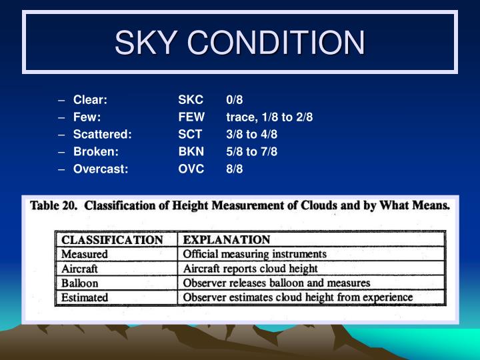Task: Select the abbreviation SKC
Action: coord(190,100)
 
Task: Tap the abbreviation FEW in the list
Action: coord(191,117)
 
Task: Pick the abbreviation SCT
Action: coord(190,135)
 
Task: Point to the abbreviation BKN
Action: coord(191,151)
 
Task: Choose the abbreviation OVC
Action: coord(191,169)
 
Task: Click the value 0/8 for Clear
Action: coord(235,100)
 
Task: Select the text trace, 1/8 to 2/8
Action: coord(269,117)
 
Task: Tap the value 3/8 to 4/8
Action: coord(251,135)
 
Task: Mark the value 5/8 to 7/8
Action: coord(251,151)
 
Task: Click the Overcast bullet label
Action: coord(101,169)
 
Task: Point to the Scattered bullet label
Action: coord(103,135)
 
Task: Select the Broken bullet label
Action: coord(96,151)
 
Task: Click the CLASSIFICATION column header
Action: coord(112,239)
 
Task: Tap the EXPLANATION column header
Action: coord(227,239)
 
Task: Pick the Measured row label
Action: coord(85,254)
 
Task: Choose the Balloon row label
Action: coord(81,283)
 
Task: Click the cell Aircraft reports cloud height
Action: coord(250,268)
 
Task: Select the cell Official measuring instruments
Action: coord(255,254)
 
